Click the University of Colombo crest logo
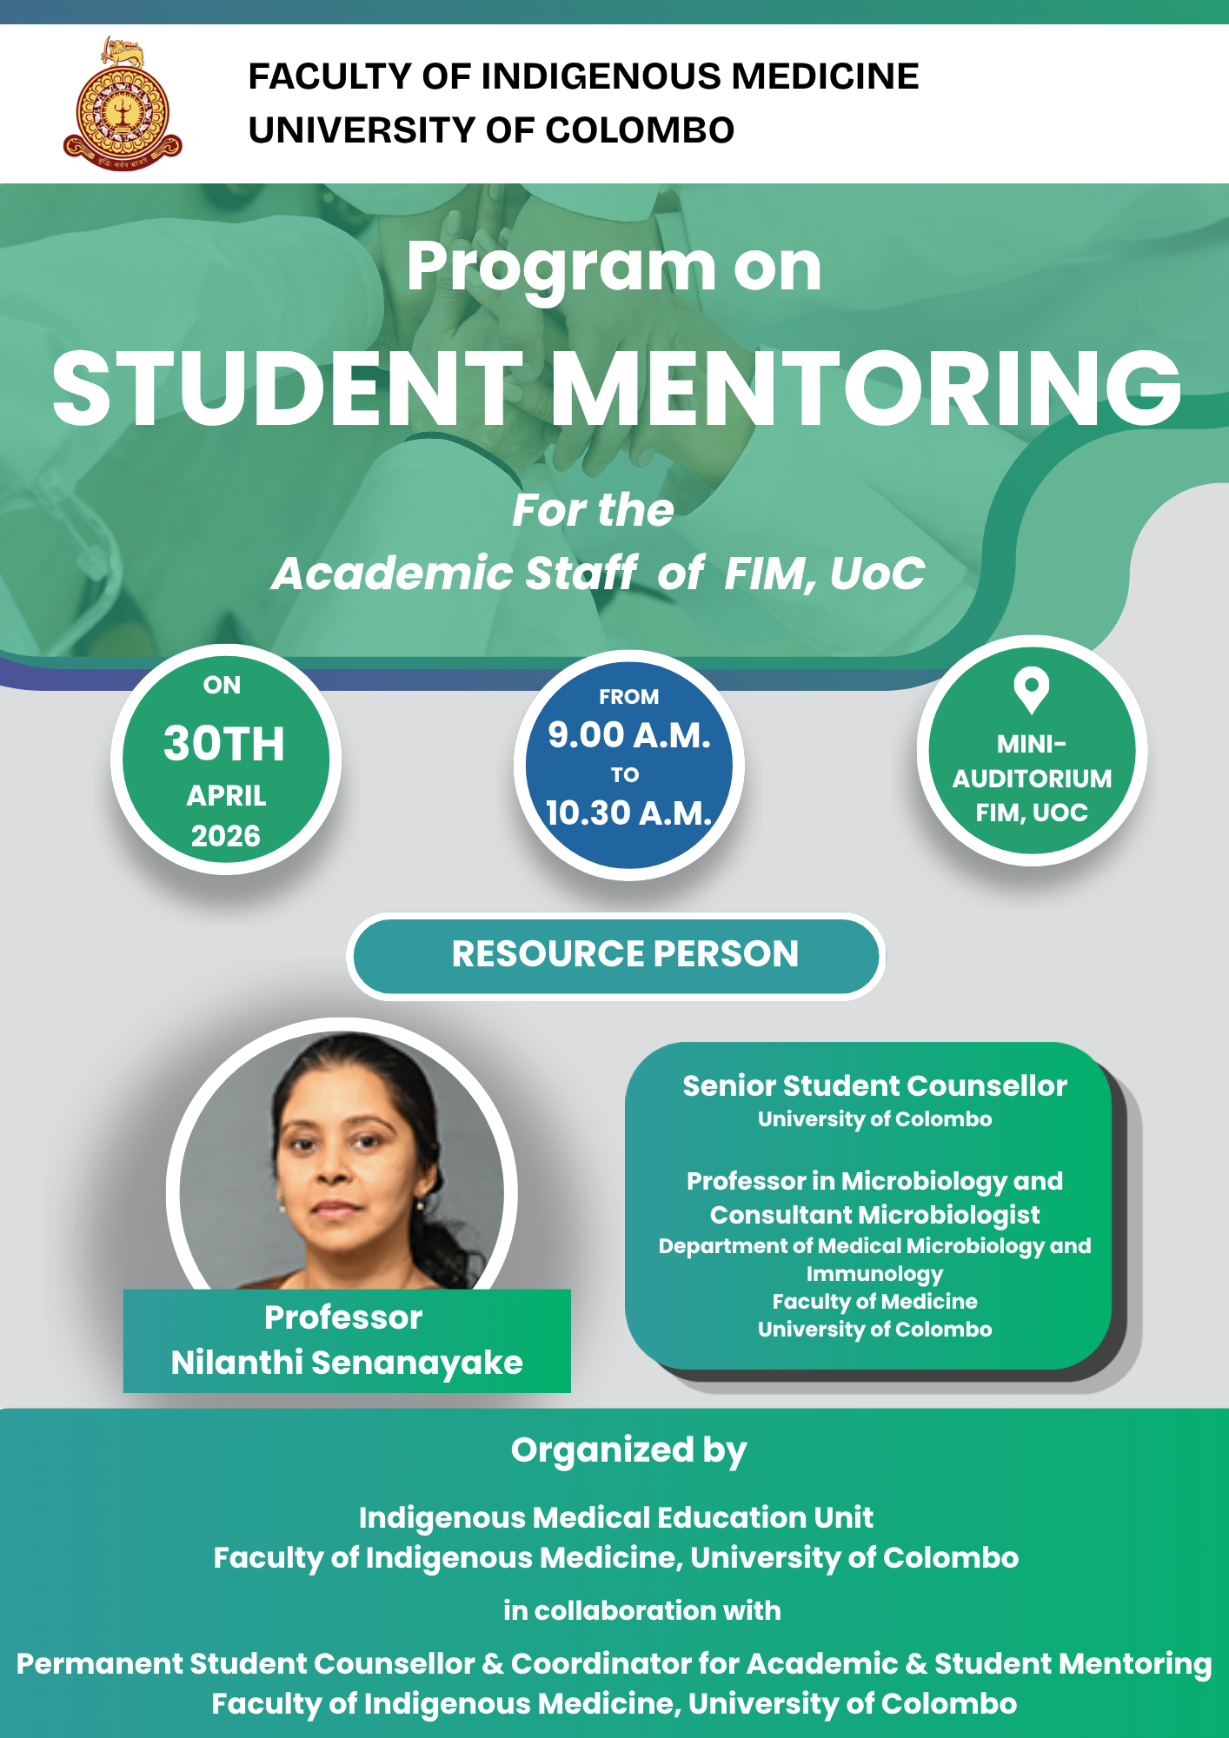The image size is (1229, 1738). point(123,104)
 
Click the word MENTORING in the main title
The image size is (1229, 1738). point(866,388)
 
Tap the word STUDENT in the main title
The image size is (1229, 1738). point(288,388)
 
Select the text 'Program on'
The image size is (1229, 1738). point(614,266)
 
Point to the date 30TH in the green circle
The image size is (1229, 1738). point(224,744)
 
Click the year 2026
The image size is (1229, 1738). point(226,836)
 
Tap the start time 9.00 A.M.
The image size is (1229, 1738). point(629,735)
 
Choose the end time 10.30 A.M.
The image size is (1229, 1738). point(629,813)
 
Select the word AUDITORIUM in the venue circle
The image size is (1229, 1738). point(1032,779)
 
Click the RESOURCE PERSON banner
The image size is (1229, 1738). point(624,954)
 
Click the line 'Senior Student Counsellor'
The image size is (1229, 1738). point(874,1086)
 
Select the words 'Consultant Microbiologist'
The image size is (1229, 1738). point(874,1215)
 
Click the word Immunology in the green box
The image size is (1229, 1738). point(874,1274)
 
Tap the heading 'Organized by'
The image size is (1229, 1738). point(628,1450)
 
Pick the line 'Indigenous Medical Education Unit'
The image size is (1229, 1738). point(615,1517)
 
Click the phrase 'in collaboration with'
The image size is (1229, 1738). point(641,1610)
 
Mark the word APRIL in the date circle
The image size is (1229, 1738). point(226,796)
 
